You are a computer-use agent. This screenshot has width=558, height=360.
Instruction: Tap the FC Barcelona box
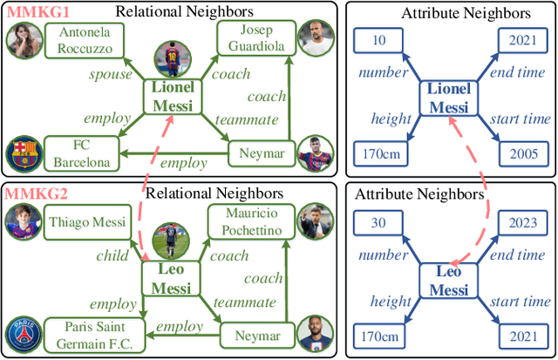(x=83, y=153)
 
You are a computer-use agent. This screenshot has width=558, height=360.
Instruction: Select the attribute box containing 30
(x=378, y=222)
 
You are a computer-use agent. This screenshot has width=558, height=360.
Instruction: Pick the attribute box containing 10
(x=378, y=40)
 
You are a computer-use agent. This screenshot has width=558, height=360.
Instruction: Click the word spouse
(x=111, y=75)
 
